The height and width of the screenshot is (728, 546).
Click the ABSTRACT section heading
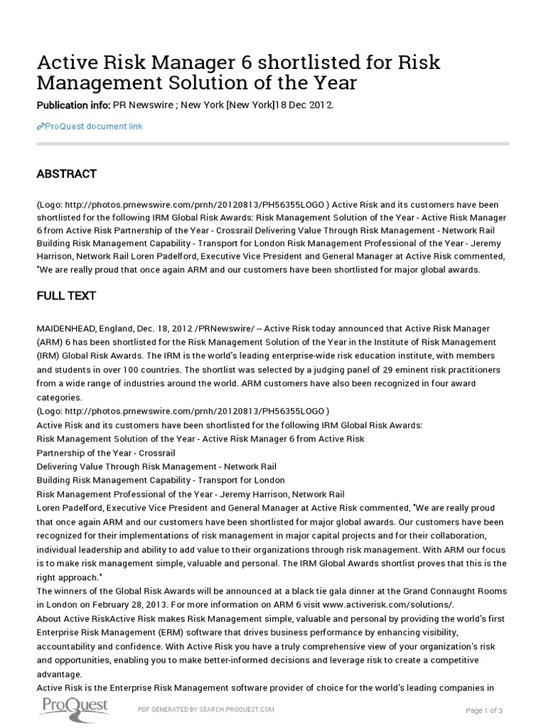(66, 174)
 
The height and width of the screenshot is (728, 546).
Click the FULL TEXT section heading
(66, 295)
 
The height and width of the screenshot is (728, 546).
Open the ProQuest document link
(94, 127)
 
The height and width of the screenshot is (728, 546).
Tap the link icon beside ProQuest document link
(40, 127)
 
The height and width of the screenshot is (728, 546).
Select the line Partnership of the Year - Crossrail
(105, 452)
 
